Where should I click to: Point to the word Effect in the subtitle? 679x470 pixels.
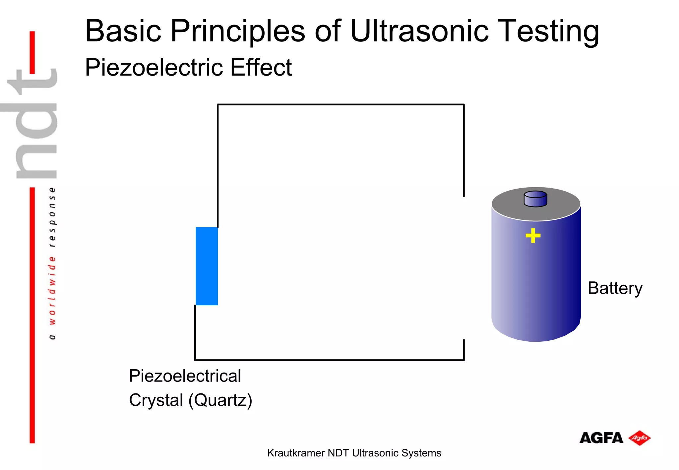pyautogui.click(x=261, y=67)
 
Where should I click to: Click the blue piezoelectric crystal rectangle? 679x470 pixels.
pyautogui.click(x=207, y=266)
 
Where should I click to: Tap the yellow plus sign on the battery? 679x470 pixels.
pyautogui.click(x=533, y=236)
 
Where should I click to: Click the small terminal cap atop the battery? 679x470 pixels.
pyautogui.click(x=535, y=199)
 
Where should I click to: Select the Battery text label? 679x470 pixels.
pyautogui.click(x=615, y=288)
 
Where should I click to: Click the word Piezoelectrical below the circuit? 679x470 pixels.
pyautogui.click(x=185, y=376)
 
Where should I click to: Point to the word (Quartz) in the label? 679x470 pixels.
pyautogui.click(x=220, y=400)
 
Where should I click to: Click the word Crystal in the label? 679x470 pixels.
pyautogui.click(x=156, y=400)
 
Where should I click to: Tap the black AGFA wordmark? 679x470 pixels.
pyautogui.click(x=601, y=438)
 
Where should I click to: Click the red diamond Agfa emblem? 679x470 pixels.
pyautogui.click(x=639, y=438)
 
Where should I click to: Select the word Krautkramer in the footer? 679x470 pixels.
pyautogui.click(x=295, y=453)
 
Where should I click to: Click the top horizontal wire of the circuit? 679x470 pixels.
pyautogui.click(x=341, y=105)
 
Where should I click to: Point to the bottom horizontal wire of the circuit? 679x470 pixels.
pyautogui.click(x=329, y=360)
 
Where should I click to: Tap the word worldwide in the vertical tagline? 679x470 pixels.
pyautogui.click(x=52, y=290)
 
